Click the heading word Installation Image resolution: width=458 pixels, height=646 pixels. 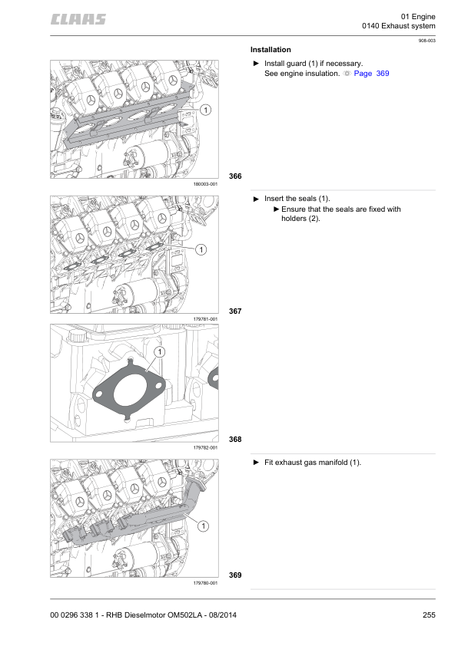tap(270, 49)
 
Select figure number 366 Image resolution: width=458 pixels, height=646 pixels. tap(235, 176)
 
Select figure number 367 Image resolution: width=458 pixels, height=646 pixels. tap(235, 311)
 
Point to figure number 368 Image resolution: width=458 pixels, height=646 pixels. tap(235, 440)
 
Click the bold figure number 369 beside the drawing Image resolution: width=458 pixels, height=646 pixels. tap(235, 575)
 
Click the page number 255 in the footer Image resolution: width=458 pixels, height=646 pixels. tap(429, 614)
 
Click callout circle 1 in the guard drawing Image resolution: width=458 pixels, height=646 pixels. tap(205, 111)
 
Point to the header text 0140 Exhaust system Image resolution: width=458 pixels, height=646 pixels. tap(398, 27)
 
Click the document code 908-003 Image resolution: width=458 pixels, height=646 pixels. tap(426, 40)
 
